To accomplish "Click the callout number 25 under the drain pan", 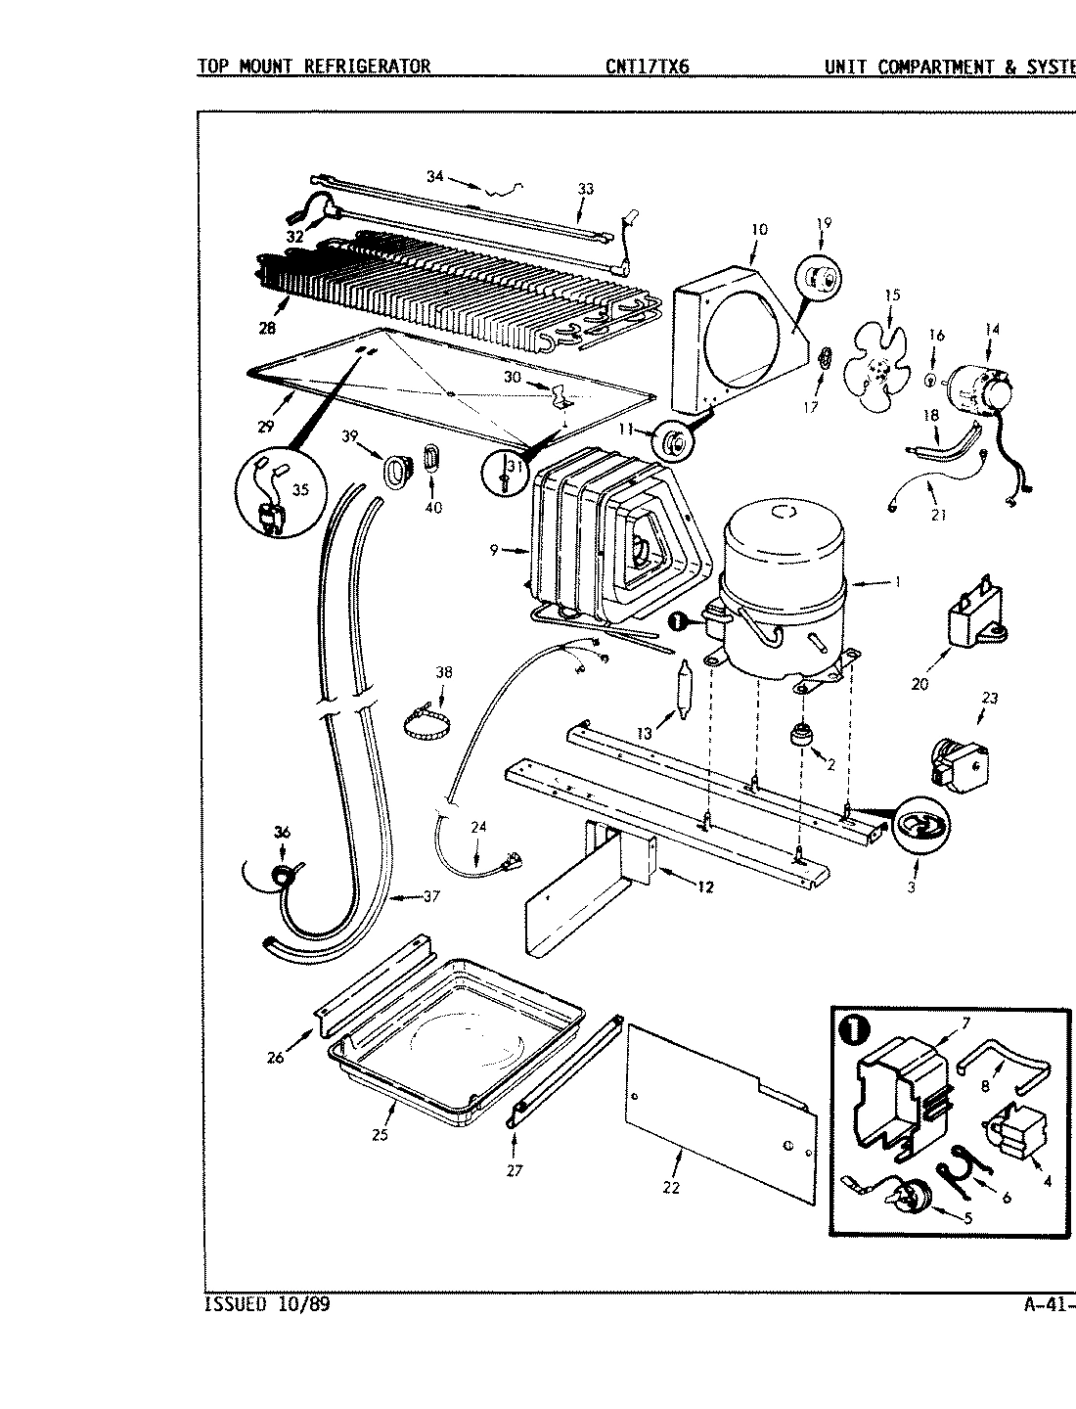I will [x=381, y=1134].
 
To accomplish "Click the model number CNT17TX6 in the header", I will [x=648, y=67].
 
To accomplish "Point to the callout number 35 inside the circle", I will [x=300, y=490].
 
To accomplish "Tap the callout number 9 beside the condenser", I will [x=495, y=550].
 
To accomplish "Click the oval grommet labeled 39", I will [x=394, y=471].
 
